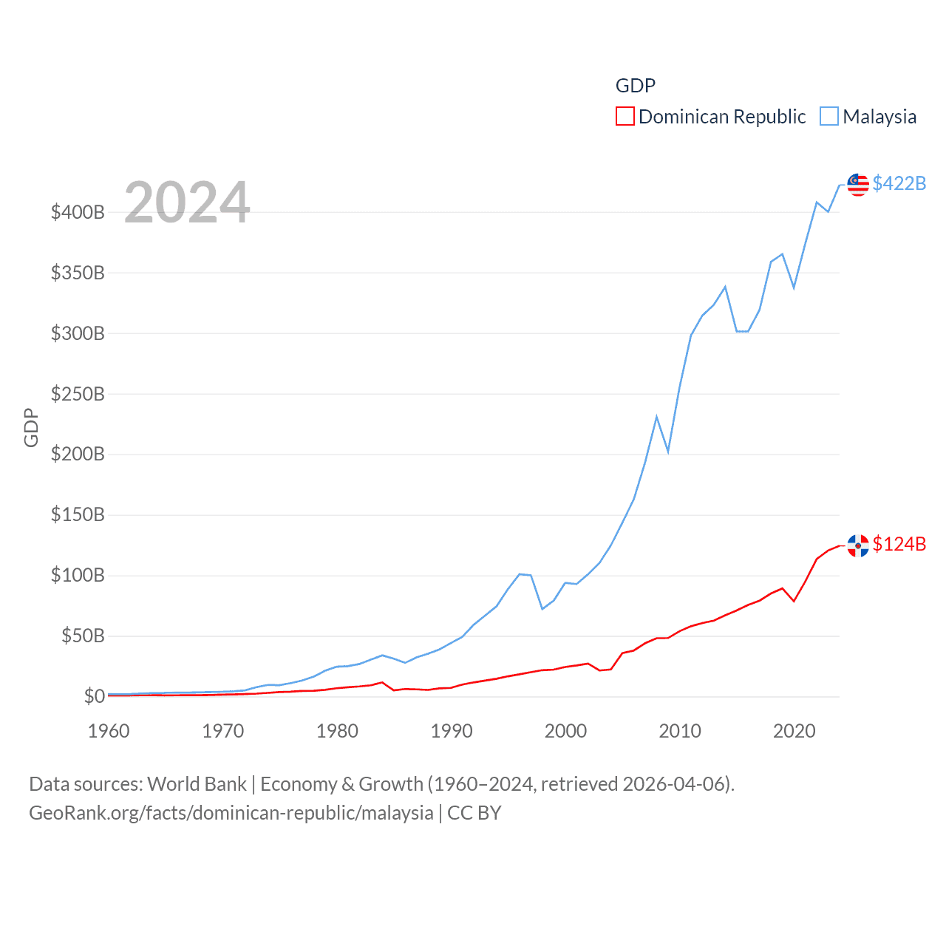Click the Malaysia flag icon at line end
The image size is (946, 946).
(858, 185)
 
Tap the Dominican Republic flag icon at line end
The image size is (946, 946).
(858, 545)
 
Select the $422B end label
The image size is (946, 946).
(899, 183)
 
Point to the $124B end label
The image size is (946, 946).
(899, 544)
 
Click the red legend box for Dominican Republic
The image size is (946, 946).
(625, 117)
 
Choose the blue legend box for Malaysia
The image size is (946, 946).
(829, 117)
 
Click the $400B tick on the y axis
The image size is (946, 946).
(78, 213)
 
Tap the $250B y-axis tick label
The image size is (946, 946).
(78, 394)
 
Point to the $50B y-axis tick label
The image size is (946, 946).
(83, 636)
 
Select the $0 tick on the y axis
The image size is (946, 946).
(94, 696)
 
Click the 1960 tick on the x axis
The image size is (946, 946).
(109, 731)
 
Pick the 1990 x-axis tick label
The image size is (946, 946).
(452, 731)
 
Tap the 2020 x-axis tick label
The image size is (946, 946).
(794, 731)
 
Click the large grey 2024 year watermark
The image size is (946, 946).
(187, 203)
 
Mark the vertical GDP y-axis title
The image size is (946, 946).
(31, 427)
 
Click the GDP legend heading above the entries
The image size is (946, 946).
(636, 86)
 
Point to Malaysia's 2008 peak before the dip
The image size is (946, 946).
(656, 417)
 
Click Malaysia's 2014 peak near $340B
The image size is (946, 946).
(725, 287)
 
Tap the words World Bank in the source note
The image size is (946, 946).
(197, 783)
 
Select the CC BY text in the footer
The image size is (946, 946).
(474, 813)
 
